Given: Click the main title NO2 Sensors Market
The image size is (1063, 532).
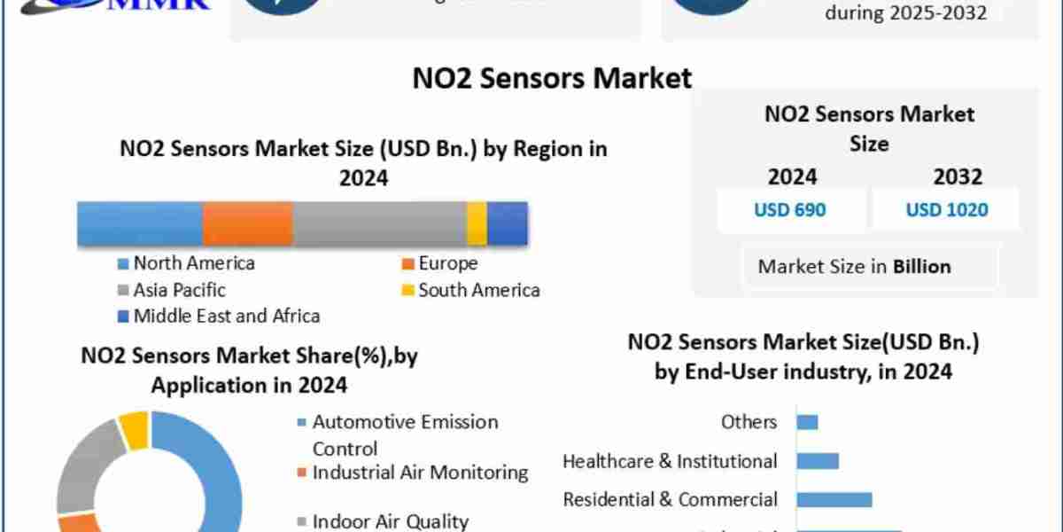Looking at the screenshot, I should tap(552, 78).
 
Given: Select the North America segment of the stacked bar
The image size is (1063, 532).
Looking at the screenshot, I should tap(140, 223).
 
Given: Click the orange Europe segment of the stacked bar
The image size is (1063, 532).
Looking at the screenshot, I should tap(247, 223).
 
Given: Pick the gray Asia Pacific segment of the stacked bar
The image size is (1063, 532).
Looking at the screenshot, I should tap(379, 223).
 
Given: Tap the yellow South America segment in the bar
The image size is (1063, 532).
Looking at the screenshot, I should tap(477, 223).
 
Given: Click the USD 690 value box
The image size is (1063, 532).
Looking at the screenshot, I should tap(790, 210).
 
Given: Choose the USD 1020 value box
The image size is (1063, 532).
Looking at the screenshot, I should tap(946, 210).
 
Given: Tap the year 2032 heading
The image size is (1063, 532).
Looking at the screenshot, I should tap(958, 176).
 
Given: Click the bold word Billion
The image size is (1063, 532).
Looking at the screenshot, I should tap(922, 266).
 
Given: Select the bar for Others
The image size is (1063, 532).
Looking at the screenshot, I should tap(807, 422).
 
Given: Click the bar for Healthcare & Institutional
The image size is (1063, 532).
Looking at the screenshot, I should tap(817, 461).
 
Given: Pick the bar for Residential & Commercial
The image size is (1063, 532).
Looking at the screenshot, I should tap(834, 499).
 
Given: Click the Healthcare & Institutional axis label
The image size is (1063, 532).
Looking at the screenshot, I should tap(670, 461).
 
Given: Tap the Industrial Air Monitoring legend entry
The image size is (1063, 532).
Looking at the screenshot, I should tap(420, 473).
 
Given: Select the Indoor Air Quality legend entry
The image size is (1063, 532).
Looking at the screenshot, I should tap(390, 521).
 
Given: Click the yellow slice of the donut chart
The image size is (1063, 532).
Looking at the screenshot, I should tap(134, 429).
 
